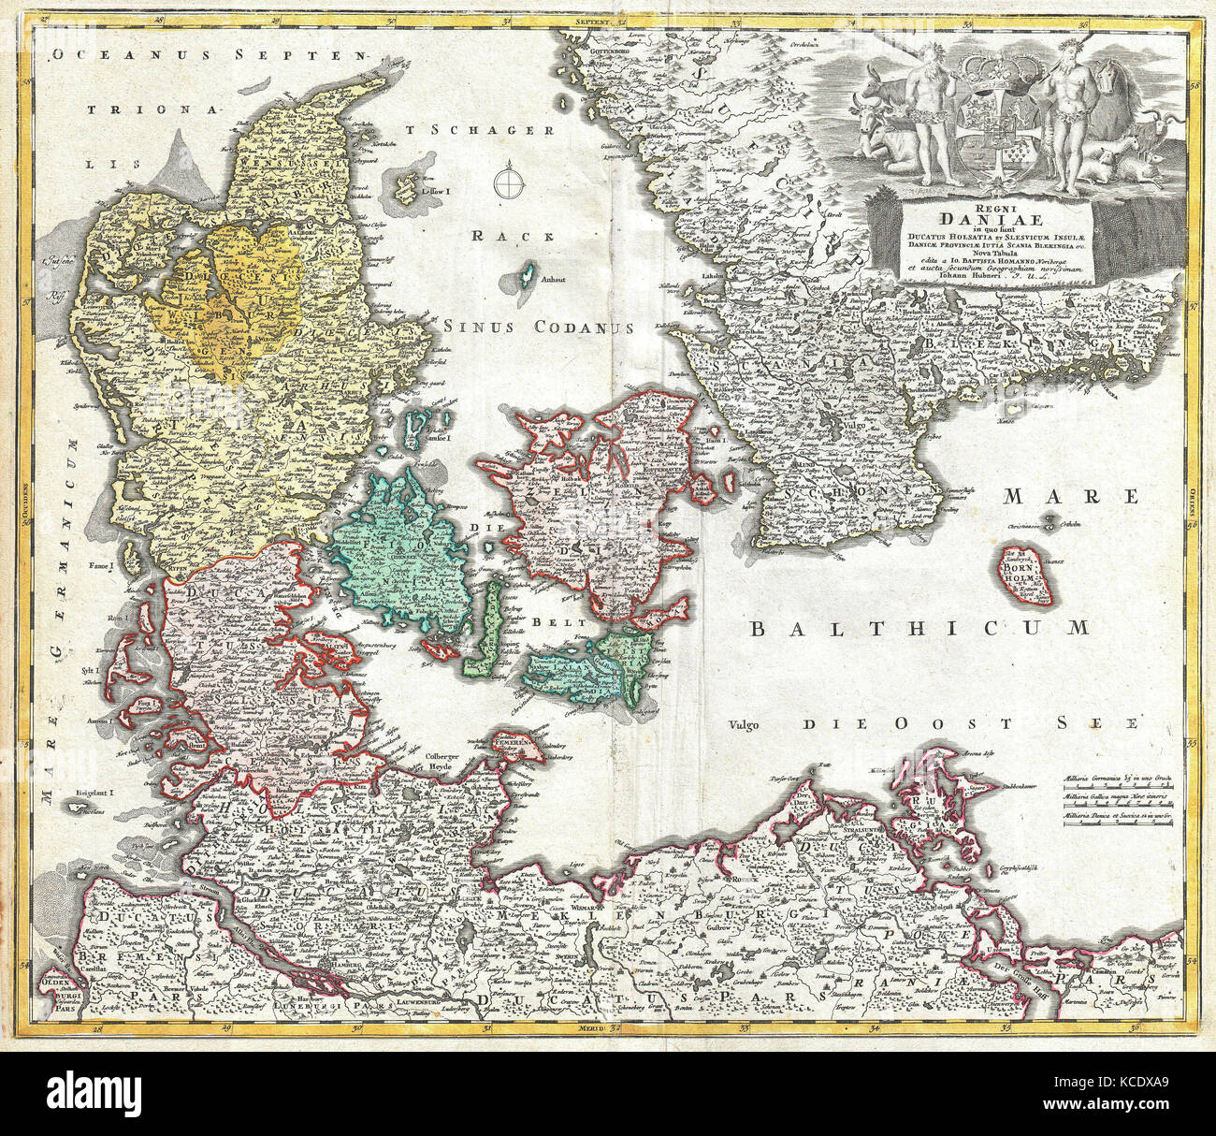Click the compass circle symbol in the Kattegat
[507, 179]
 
